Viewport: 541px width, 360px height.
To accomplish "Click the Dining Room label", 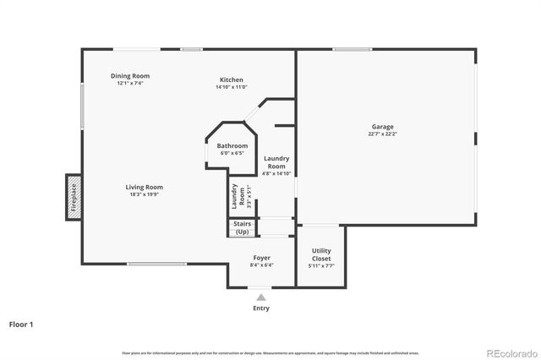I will tap(130, 76).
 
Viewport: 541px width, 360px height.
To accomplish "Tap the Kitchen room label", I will tap(232, 79).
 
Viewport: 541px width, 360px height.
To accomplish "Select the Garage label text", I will tap(383, 127).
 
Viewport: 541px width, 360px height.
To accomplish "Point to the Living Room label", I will tap(145, 187).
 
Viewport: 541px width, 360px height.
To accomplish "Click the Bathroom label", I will tap(232, 146).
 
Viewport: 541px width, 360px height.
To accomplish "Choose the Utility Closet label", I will tap(321, 254).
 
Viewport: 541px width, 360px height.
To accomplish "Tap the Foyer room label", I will tap(262, 258).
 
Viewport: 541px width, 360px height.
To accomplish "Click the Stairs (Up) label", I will tap(243, 228).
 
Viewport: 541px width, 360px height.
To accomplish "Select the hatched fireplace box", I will tap(74, 199).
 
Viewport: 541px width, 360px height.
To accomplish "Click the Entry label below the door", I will tap(261, 308).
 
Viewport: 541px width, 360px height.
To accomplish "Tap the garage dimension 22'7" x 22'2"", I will tap(383, 134).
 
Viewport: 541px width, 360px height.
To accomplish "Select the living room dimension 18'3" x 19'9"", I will tap(145, 194).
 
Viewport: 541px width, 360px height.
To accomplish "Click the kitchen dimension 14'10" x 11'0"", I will tap(232, 86).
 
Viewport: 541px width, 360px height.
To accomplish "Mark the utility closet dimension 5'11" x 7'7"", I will tap(321, 266).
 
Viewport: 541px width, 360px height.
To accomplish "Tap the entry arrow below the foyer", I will tap(260, 296).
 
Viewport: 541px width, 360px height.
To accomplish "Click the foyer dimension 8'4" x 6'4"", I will tap(262, 265).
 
